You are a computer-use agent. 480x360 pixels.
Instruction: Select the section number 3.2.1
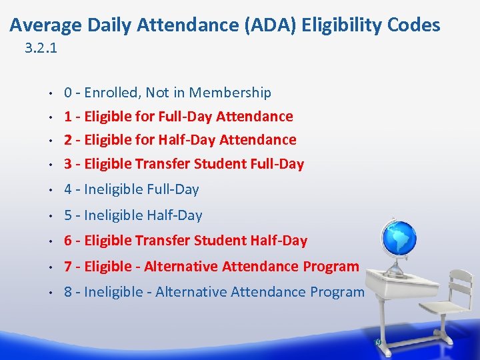40,48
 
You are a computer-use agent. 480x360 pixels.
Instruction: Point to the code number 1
68,117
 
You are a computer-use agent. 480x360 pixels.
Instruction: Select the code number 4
68,189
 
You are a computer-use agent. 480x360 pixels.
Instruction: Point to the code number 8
68,292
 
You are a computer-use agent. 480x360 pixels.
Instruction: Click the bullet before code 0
50,93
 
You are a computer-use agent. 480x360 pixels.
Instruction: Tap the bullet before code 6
50,241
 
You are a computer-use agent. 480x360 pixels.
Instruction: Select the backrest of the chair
459,287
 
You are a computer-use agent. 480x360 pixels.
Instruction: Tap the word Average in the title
45,25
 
